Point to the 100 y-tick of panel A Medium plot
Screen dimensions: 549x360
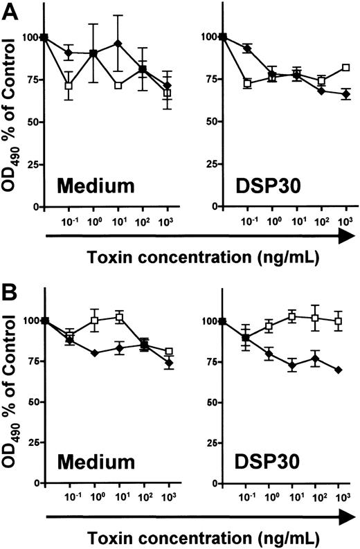coord(30,37)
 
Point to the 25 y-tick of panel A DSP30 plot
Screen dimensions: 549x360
coord(210,165)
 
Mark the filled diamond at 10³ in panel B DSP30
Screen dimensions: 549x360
coord(338,370)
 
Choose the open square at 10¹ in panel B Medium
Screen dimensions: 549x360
coord(119,317)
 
